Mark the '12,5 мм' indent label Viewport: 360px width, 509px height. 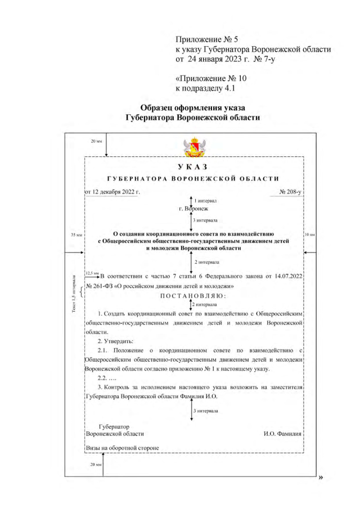[x=91, y=273]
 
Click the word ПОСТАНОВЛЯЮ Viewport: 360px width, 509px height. [x=193, y=296]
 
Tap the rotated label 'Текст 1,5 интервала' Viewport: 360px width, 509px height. [x=73, y=298]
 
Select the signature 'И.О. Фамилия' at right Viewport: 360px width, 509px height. [x=283, y=434]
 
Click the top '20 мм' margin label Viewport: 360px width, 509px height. [x=96, y=141]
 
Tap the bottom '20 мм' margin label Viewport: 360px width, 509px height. [x=96, y=466]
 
